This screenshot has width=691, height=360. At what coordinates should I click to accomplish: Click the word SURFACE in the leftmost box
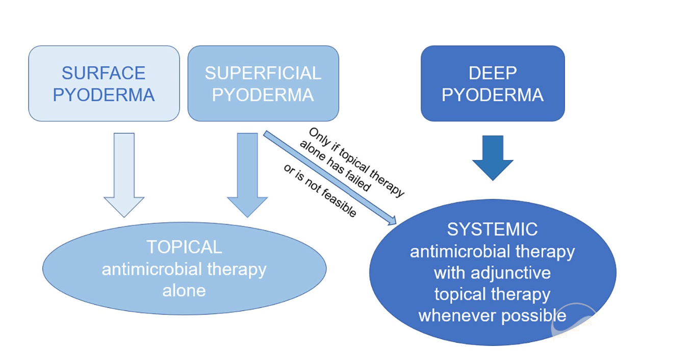104,73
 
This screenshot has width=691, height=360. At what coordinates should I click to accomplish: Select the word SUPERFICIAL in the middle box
263,73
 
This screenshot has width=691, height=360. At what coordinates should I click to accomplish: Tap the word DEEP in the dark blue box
493,73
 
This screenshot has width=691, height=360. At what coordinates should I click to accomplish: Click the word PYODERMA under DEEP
493,95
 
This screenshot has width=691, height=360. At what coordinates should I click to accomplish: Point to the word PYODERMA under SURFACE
104,95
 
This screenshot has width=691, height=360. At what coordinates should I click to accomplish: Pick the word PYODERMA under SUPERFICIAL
263,95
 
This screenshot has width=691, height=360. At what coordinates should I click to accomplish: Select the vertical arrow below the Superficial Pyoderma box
247,173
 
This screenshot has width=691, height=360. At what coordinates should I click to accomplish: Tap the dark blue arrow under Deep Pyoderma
492,158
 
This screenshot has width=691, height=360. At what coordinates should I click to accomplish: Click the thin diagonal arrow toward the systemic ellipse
331,178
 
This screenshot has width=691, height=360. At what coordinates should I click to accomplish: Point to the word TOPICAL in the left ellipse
184,247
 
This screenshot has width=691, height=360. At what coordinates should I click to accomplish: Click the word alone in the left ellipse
184,291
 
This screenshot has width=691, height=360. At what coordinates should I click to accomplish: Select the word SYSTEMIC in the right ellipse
492,229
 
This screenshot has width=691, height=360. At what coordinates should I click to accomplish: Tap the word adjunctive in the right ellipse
516,273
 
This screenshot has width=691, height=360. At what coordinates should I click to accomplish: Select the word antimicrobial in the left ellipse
148,269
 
